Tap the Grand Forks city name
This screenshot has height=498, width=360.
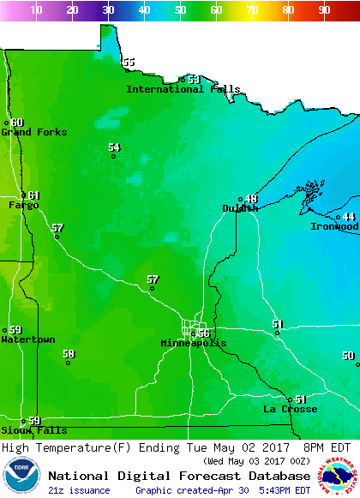tap(33, 132)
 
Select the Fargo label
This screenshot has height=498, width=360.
tap(24, 206)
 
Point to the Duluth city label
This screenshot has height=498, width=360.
tap(240, 208)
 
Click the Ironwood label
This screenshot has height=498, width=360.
tap(334, 226)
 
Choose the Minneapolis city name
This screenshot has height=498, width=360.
tap(194, 343)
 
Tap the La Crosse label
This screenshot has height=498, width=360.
tap(290, 409)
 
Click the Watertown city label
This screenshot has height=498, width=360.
tap(27, 339)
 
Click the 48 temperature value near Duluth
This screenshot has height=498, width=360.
tap(251, 199)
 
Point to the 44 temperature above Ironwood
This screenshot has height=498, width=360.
tap(349, 217)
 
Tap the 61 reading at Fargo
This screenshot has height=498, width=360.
tap(33, 195)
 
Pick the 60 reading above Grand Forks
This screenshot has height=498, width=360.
tap(17, 123)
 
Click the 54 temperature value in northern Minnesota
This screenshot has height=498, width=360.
tap(114, 147)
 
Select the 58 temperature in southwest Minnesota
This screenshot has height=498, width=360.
tap(69, 353)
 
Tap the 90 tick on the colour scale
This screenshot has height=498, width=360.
tap(324, 10)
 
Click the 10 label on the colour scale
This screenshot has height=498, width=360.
tap(37, 10)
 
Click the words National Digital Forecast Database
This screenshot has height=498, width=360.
tap(178, 476)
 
